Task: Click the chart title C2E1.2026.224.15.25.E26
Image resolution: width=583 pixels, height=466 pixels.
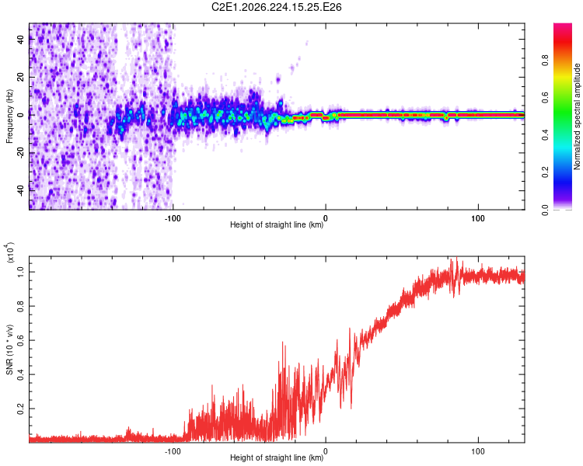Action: [276, 7]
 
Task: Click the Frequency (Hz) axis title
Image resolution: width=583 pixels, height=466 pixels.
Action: [9, 116]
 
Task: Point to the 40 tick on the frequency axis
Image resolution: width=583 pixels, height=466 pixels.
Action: [21, 39]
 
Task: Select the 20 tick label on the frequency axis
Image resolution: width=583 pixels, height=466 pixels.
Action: [21, 77]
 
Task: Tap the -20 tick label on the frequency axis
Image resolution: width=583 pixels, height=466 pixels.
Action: [21, 152]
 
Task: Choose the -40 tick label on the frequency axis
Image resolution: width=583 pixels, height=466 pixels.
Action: [21, 190]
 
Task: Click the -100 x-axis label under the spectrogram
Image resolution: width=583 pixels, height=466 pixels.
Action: [173, 218]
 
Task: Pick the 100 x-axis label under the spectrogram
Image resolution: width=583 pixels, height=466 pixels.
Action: [478, 218]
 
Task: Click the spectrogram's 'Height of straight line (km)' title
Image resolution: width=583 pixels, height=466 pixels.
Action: [277, 224]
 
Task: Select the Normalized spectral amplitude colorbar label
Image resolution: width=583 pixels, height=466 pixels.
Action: [577, 116]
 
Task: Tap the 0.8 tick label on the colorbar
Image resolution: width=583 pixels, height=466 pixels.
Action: [545, 61]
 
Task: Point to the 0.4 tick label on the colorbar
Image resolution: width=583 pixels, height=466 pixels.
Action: [545, 135]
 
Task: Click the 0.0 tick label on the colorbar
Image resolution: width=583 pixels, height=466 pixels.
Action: [545, 210]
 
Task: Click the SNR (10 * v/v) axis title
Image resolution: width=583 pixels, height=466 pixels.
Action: [9, 349]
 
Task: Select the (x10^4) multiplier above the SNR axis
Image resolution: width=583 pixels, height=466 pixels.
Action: [10, 252]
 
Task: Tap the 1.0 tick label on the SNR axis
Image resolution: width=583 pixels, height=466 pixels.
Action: [21, 272]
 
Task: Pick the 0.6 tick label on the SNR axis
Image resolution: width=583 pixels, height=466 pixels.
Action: [21, 340]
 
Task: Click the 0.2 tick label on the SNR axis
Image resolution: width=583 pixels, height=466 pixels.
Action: [21, 409]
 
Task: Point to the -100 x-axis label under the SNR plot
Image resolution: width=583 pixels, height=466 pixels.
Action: [173, 451]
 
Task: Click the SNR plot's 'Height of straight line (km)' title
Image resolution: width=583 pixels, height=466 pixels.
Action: [277, 457]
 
